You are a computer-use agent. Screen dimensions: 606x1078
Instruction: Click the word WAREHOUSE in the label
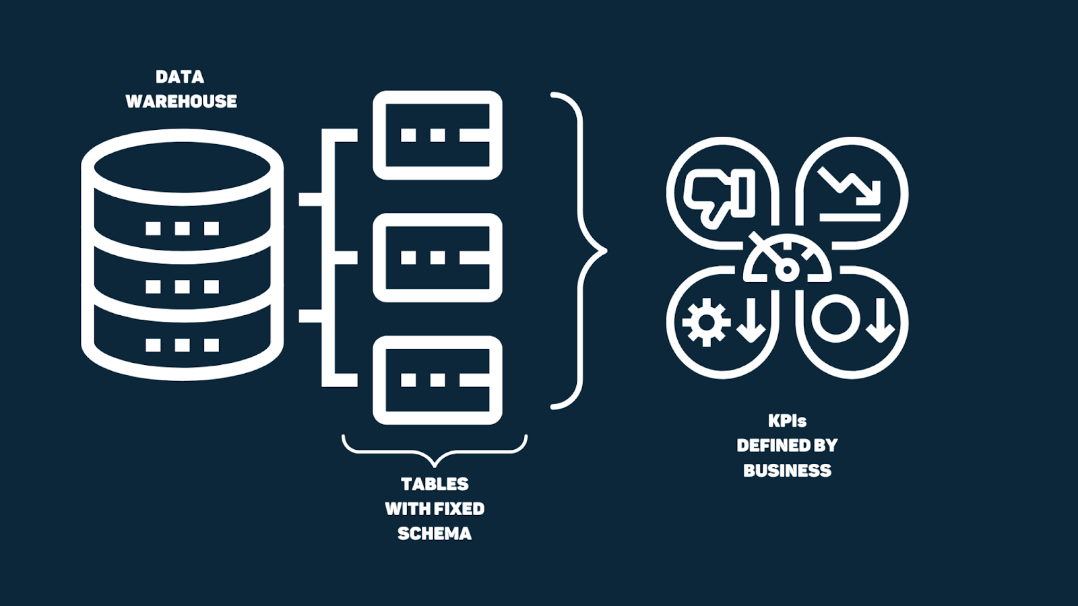[x=181, y=101]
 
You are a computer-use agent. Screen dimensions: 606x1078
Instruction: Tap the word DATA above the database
[x=180, y=77]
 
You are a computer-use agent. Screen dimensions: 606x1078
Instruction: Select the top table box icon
[x=437, y=135]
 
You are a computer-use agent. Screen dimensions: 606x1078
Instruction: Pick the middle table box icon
[x=437, y=258]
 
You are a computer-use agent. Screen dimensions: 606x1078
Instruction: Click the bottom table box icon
[x=437, y=380]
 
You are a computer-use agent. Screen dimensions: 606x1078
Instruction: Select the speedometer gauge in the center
[x=786, y=263]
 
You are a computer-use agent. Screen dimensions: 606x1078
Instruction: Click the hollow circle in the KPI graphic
[x=836, y=318]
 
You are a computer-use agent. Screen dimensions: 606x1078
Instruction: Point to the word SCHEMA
[x=435, y=534]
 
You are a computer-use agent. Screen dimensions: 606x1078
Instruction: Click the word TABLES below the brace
[x=435, y=484]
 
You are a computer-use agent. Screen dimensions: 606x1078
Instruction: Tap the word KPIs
[x=787, y=421]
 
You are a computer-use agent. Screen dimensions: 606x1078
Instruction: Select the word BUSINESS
[x=787, y=471]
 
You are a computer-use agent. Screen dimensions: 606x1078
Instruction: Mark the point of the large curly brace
[x=604, y=251]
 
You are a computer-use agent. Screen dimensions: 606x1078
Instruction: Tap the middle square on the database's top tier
[x=182, y=228]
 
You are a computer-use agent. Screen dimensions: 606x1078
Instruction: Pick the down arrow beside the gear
[x=750, y=323]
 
